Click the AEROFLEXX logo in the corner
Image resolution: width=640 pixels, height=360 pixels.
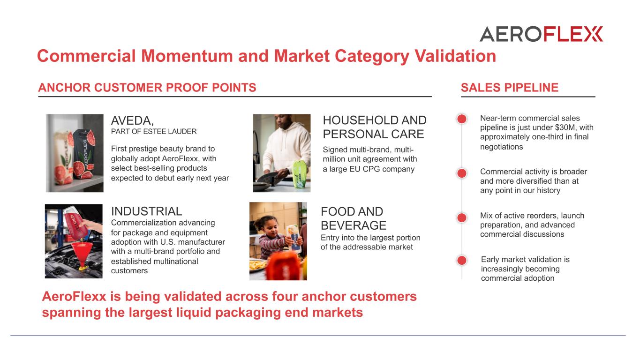(542, 34)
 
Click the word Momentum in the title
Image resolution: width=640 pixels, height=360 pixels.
(187, 56)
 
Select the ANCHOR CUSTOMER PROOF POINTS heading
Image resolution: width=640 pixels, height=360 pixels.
(147, 88)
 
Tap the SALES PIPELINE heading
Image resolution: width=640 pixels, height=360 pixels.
(510, 88)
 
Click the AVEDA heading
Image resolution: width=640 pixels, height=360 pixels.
(132, 120)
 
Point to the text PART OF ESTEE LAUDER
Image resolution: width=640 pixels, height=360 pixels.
(154, 131)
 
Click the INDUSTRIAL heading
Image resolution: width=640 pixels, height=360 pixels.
(147, 211)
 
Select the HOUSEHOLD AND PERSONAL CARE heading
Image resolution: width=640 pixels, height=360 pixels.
(375, 127)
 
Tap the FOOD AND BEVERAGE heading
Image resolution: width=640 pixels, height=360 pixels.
(354, 218)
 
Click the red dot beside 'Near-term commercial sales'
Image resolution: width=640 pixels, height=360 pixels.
(462, 119)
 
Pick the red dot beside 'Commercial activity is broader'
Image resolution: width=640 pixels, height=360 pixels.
(462, 173)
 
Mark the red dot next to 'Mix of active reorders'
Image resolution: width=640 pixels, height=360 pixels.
(462, 217)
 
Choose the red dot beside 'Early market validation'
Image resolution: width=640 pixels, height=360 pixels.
(462, 260)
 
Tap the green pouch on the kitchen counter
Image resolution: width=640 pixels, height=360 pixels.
(299, 174)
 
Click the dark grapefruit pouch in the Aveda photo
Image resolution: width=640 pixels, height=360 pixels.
(84, 154)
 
